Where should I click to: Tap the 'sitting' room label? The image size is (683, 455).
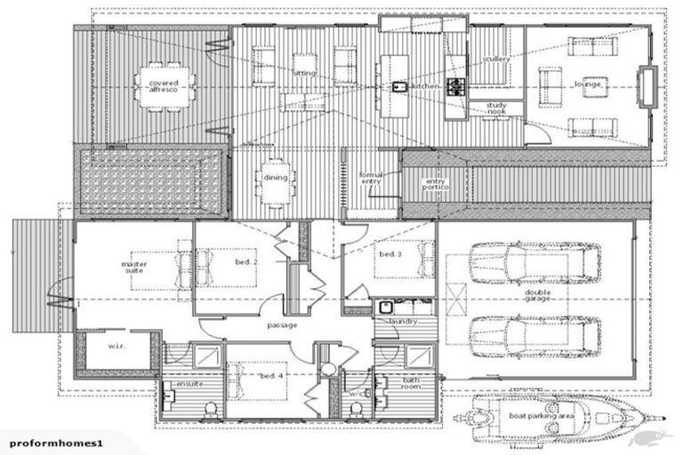point(304,73)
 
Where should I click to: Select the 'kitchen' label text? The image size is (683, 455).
point(425,86)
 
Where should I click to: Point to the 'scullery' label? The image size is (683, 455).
point(495,60)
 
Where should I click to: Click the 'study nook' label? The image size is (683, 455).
point(496,108)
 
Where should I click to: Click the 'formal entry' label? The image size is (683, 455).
point(370,180)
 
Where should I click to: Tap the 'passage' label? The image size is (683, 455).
point(280,325)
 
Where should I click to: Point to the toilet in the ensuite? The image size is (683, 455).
point(211,409)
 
